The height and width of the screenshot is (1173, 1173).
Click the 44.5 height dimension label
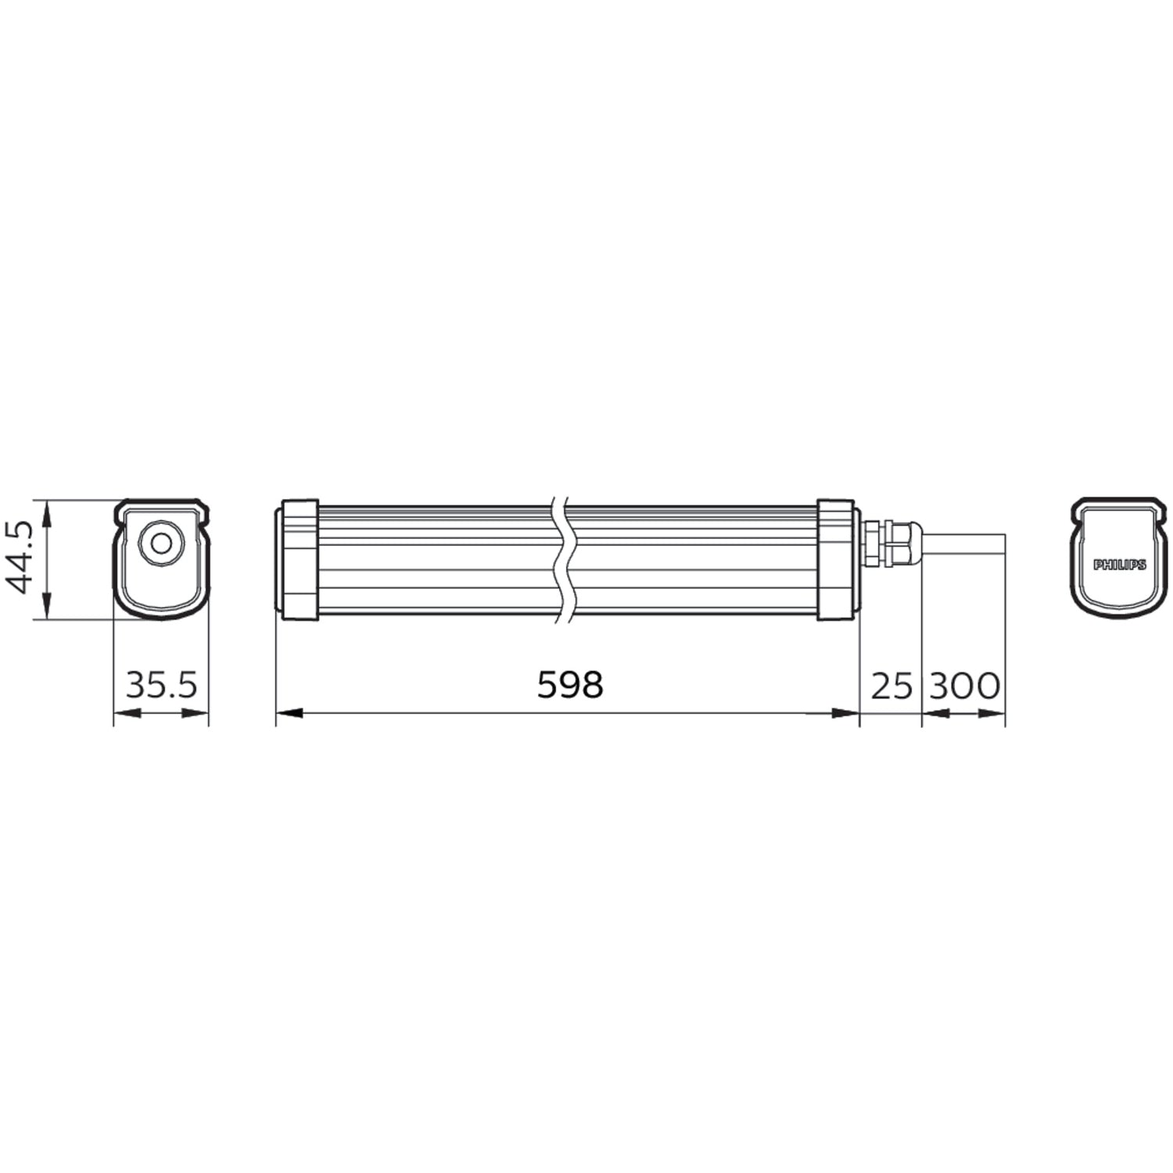tap(19, 558)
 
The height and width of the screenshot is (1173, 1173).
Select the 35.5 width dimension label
tap(162, 685)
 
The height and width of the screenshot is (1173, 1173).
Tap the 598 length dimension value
tap(570, 685)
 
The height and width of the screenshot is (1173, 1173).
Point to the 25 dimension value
tap(891, 686)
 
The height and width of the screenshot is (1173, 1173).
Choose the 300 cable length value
tap(964, 686)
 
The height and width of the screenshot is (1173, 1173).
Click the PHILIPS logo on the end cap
tap(1119, 564)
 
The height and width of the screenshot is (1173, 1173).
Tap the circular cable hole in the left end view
tap(162, 542)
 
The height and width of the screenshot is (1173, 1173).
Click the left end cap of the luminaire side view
tap(298, 559)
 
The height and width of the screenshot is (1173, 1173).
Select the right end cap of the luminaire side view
tap(838, 559)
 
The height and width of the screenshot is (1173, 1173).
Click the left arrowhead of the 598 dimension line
tap(289, 713)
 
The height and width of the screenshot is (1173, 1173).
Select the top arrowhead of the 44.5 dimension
tap(48, 512)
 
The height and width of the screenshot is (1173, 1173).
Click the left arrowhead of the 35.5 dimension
tap(127, 713)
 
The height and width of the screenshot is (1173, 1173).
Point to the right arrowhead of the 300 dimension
tap(992, 713)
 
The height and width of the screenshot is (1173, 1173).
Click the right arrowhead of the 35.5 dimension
tap(195, 713)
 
